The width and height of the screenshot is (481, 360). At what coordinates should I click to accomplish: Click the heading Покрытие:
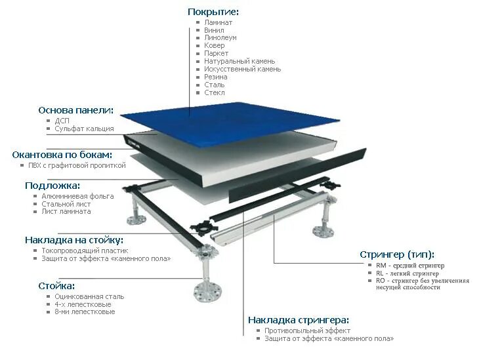213,12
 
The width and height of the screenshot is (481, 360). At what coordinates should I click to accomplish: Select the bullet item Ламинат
218,22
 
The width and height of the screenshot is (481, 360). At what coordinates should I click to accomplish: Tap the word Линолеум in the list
220,38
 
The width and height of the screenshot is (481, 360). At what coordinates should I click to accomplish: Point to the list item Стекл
215,92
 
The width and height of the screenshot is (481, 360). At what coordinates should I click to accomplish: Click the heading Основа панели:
76,110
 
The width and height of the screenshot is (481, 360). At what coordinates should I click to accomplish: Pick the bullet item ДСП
62,121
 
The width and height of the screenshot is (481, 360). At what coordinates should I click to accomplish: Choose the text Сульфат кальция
84,129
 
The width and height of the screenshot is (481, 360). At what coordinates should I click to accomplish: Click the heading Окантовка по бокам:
62,155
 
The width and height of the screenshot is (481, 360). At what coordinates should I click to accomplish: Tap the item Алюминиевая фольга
77,196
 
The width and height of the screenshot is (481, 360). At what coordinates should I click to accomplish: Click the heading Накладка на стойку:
74,240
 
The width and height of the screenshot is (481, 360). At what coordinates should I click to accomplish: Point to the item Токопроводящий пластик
85,250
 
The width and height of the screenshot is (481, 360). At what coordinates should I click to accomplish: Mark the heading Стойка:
56,286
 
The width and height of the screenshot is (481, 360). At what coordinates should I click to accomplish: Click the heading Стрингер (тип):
397,254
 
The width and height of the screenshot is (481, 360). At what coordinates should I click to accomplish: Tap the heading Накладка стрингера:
299,320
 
